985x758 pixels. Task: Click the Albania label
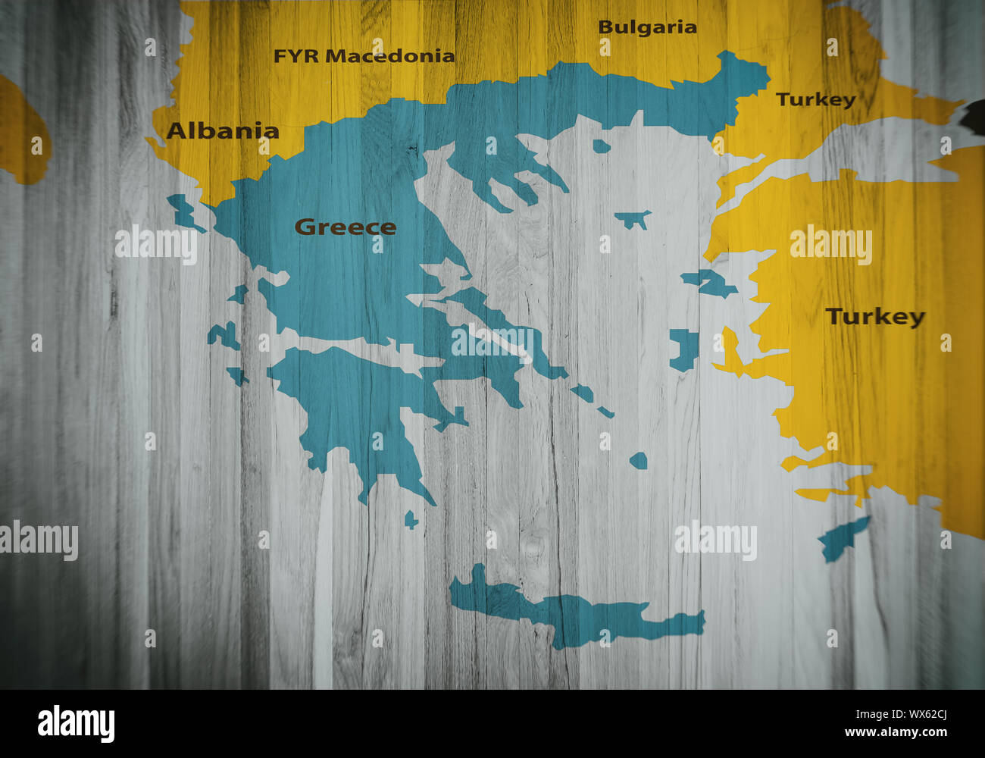[x=223, y=131]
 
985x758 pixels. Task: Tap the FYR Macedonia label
[x=364, y=56]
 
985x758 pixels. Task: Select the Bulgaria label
[x=647, y=27]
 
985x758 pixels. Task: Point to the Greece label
[x=345, y=227]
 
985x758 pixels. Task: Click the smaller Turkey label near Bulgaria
[x=815, y=99]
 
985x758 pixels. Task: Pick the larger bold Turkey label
[x=875, y=316]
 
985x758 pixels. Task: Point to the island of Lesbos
[x=708, y=283]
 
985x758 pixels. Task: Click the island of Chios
[x=684, y=349]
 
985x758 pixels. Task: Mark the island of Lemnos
[x=632, y=219]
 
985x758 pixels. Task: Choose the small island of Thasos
[x=601, y=146]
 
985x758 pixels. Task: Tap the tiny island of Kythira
[x=411, y=520]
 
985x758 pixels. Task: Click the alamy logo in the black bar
[x=76, y=723]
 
